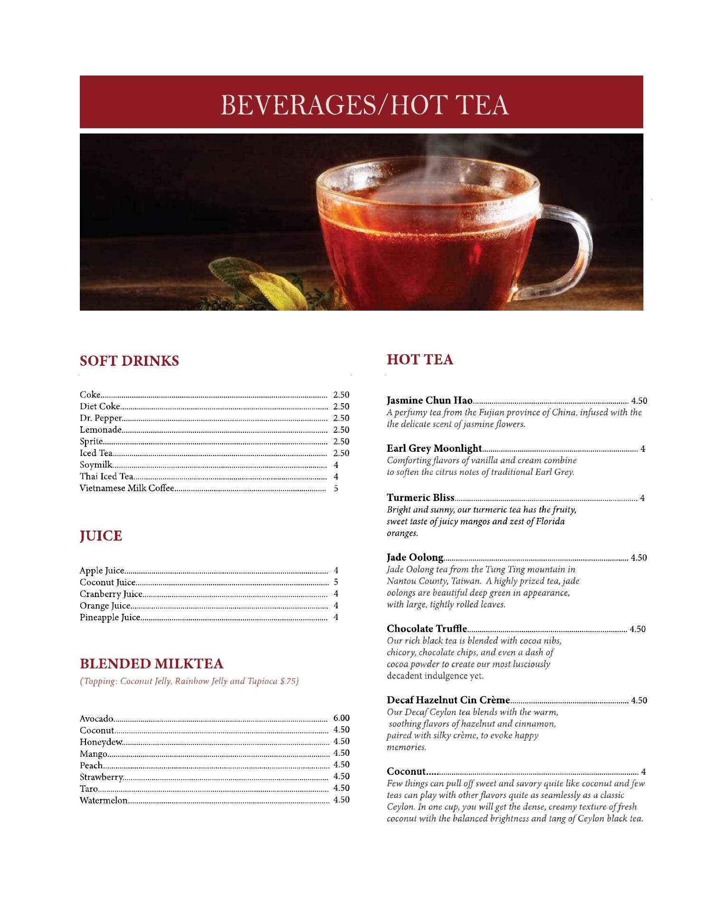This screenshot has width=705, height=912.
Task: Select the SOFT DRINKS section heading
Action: [x=129, y=361]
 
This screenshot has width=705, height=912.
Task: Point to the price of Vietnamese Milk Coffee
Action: [x=336, y=488]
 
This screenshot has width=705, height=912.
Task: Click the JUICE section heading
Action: [x=101, y=536]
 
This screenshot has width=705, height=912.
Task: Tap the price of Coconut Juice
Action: [x=336, y=582]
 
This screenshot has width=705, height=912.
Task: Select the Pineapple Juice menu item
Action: [x=110, y=617]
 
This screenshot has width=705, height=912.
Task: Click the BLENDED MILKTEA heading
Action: [x=152, y=663]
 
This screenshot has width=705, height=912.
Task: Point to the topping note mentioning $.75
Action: [x=189, y=682]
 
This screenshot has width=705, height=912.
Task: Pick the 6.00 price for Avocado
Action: [x=342, y=718]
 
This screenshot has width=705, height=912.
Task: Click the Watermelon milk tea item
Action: [x=104, y=800]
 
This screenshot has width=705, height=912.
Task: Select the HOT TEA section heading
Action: [x=420, y=360]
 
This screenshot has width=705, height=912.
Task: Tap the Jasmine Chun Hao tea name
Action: [x=429, y=400]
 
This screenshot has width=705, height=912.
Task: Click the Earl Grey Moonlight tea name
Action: [x=435, y=448]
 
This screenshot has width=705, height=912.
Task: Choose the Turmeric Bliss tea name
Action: [x=421, y=498]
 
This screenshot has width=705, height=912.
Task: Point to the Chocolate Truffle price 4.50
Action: [x=638, y=629]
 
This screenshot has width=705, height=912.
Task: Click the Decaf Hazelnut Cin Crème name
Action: [x=449, y=700]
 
